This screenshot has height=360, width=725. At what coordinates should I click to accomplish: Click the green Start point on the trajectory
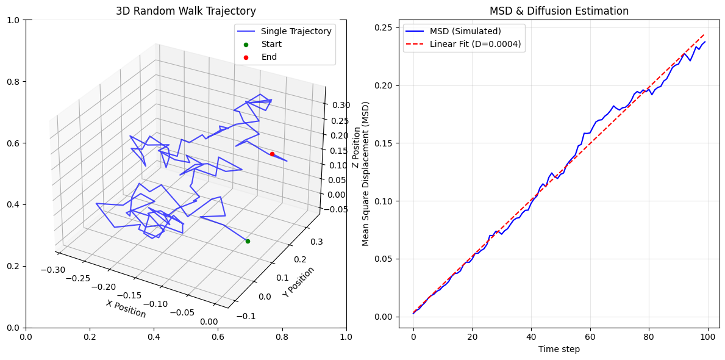248,241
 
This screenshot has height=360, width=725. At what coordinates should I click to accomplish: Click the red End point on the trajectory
272,154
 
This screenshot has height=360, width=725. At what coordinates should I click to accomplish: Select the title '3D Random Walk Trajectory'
186,11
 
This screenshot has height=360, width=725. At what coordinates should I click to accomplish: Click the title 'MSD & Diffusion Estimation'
559,11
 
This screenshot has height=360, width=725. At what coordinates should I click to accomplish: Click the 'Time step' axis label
559,349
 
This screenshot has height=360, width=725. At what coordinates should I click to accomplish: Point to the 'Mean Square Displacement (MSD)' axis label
366,174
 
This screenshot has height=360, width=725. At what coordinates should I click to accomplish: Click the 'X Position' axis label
126,309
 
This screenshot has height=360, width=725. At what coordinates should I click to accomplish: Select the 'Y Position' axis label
299,282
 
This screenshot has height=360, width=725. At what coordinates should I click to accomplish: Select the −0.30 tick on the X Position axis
53,269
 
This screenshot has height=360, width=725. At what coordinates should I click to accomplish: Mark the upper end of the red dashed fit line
705,35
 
